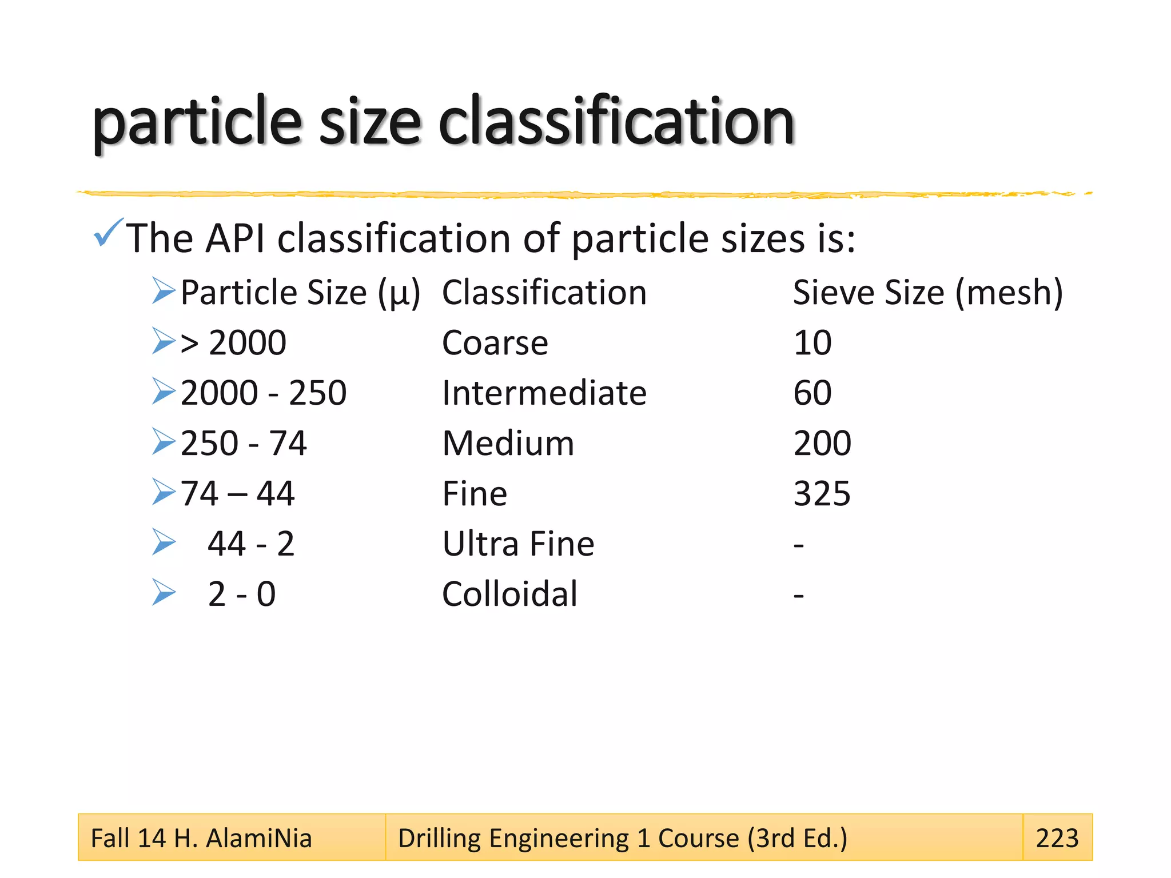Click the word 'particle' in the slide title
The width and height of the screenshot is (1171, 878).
coord(196,122)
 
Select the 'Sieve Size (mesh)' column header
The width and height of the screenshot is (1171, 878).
coord(927,293)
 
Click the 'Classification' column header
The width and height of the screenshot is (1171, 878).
coord(544,293)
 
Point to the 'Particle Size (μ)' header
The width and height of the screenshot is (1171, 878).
coord(300,293)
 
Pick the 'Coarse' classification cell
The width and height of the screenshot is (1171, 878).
coord(495,343)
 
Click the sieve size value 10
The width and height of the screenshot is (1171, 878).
coord(812,343)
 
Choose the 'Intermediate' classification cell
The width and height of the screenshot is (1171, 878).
coord(544,393)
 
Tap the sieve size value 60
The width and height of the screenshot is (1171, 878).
coord(812,393)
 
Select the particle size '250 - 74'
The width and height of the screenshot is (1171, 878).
coord(244,443)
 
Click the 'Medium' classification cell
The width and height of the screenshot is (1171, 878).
coord(508,443)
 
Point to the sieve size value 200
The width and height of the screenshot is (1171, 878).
coord(822,443)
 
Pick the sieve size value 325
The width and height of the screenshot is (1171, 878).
coord(822,493)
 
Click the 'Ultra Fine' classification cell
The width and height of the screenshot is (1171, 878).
coord(518,544)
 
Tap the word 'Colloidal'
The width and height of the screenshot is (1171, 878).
coord(509,594)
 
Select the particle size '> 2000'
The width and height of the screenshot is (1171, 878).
coord(233,343)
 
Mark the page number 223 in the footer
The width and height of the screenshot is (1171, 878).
coord(1057,838)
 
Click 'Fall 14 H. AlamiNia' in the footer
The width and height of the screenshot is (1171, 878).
coord(201,838)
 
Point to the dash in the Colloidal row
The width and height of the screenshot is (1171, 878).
coord(799,596)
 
